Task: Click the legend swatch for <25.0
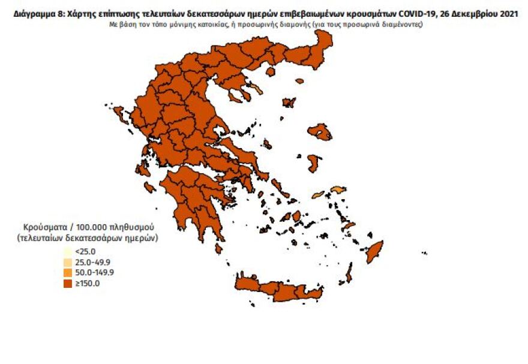pyautogui.click(x=68, y=252)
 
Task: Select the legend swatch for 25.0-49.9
pyautogui.click(x=68, y=262)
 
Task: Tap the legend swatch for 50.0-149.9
pyautogui.click(x=68, y=273)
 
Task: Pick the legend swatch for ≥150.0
pyautogui.click(x=68, y=284)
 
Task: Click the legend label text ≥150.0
pyautogui.click(x=88, y=284)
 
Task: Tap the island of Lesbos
pyautogui.click(x=320, y=131)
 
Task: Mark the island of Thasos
pyautogui.click(x=270, y=71)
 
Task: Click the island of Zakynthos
pyautogui.click(x=149, y=188)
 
